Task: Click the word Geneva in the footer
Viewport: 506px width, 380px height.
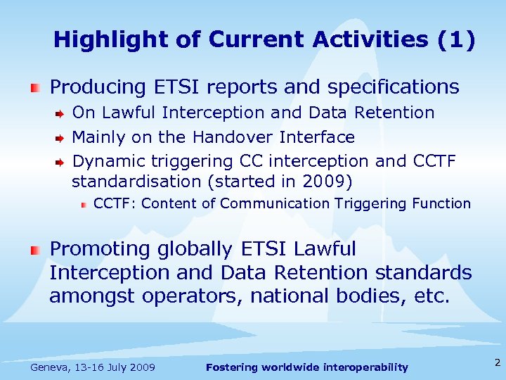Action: (50, 367)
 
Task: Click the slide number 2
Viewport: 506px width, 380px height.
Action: (497, 363)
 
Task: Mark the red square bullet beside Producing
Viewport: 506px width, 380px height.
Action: (35, 88)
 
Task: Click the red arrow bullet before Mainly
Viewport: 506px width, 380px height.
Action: (60, 137)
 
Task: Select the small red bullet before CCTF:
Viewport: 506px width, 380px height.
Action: (83, 205)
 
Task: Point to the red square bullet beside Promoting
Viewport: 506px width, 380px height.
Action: (35, 250)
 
